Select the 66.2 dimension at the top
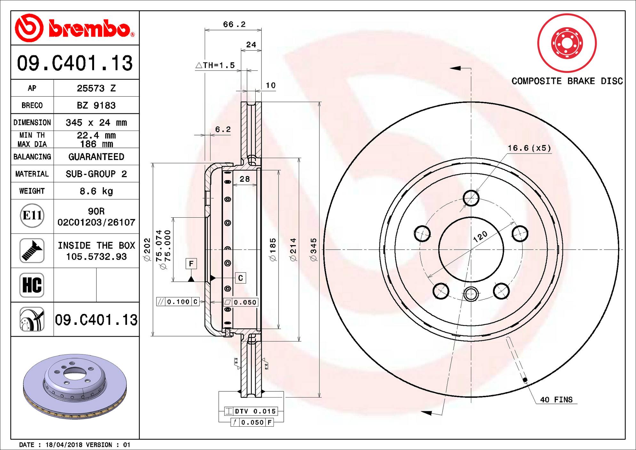[234, 24]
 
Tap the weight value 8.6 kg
[96, 191]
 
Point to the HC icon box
[32, 285]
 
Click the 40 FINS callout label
[556, 400]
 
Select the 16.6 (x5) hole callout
[529, 148]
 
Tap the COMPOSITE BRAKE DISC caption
[567, 81]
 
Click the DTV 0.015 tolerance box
[251, 411]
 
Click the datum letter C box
[241, 278]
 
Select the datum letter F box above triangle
[191, 264]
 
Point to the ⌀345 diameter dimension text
[314, 250]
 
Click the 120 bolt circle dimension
[480, 237]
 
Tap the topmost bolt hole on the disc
[471, 198]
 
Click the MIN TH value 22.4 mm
[96, 135]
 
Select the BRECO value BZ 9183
[96, 105]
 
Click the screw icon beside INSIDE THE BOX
[32, 251]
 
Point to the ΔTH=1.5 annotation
[215, 65]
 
